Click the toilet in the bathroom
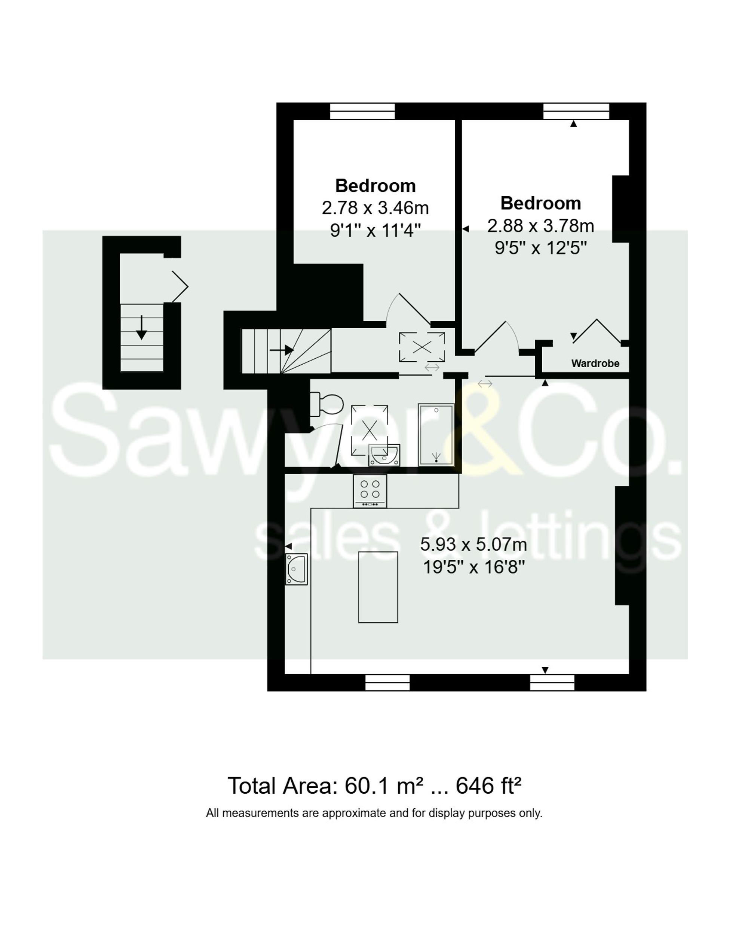point(327,404)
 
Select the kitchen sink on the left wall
point(296,569)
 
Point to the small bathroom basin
point(384,455)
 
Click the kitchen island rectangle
point(378,587)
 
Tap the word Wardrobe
point(595,364)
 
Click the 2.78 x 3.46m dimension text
point(375,208)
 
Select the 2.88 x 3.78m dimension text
point(540,226)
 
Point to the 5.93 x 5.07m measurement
point(473,544)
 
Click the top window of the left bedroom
point(362,111)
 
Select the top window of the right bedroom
point(576,111)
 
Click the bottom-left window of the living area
point(387,683)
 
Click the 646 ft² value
point(488,786)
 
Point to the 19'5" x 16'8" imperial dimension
point(473,567)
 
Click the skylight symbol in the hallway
point(421,347)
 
